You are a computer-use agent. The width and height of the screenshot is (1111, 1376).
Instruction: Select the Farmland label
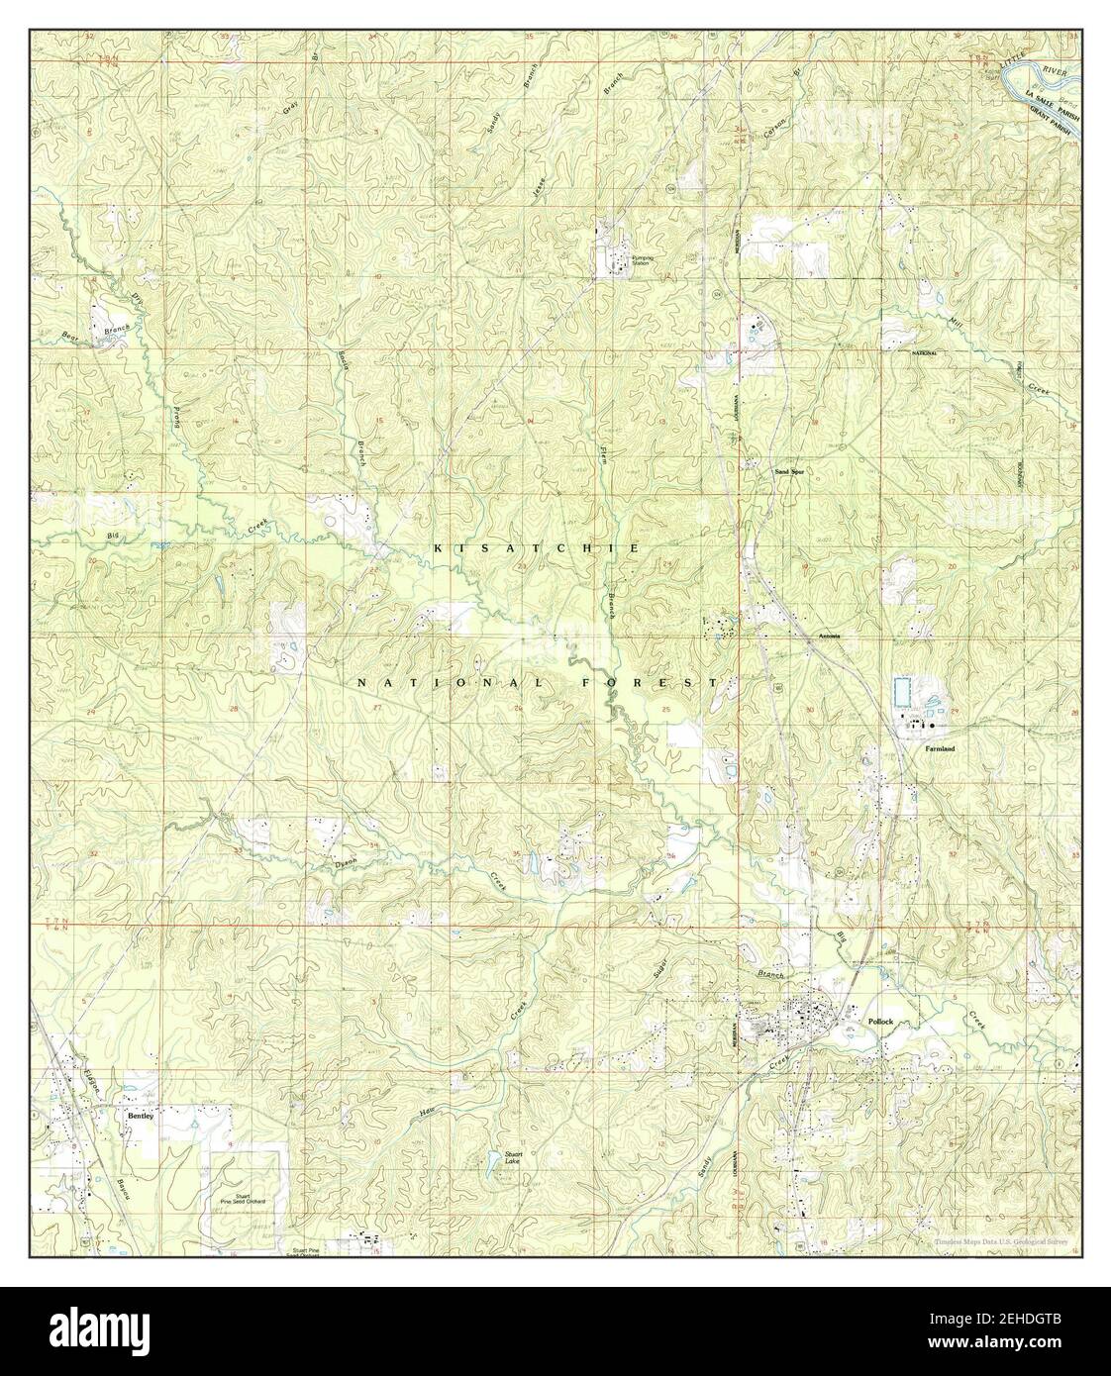(x=940, y=749)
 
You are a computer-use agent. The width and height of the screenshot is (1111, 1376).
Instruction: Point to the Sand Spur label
(x=789, y=472)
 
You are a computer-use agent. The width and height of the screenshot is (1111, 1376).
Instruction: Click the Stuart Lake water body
(x=494, y=1169)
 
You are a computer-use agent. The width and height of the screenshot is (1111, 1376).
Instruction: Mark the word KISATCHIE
(x=534, y=547)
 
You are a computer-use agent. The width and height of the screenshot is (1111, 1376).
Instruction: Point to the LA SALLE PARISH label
(x=1054, y=106)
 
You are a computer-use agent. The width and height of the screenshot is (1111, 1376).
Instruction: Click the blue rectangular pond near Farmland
(x=901, y=691)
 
